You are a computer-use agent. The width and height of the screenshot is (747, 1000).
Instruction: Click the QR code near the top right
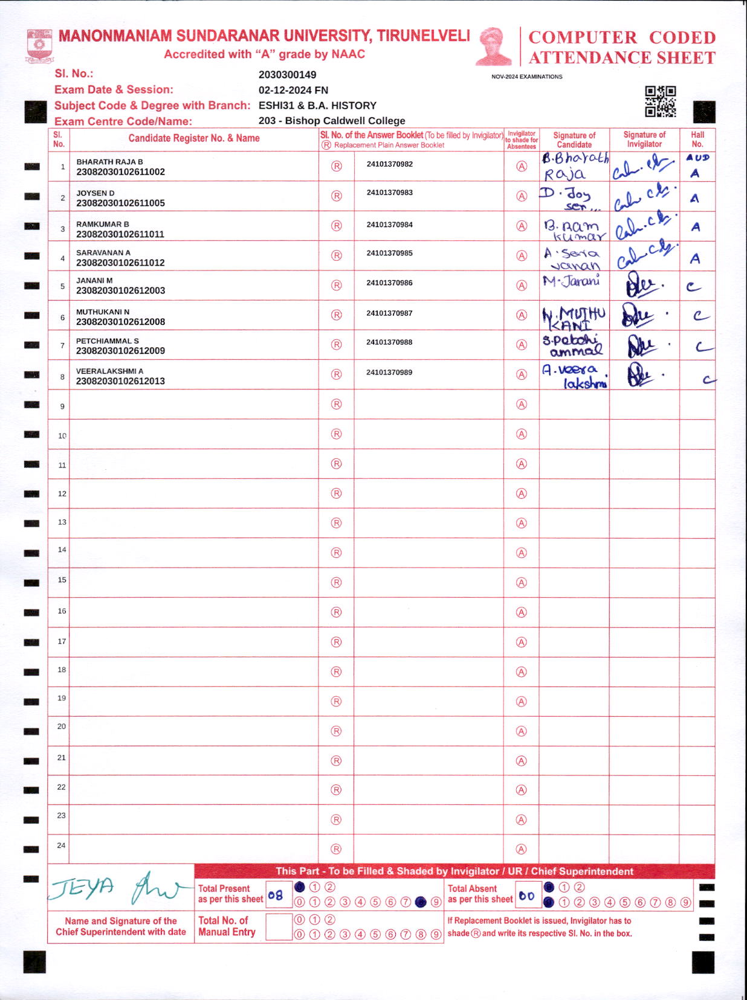[660, 101]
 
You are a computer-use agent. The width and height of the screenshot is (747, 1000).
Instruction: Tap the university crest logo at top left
[40, 46]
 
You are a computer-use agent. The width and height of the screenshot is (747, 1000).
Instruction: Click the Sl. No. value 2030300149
[287, 75]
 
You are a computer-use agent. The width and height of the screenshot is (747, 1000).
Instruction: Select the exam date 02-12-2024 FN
[293, 90]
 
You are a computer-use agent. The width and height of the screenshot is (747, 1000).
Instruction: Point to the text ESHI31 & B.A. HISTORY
[317, 106]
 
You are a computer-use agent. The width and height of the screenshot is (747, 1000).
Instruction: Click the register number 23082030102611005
[120, 203]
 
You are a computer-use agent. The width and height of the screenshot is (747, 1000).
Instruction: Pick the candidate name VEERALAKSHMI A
[109, 371]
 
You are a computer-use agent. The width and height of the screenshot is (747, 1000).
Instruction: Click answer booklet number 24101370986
[389, 283]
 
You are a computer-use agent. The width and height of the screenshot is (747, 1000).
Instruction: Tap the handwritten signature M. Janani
[571, 281]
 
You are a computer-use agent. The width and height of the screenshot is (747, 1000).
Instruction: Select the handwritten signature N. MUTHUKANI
[574, 318]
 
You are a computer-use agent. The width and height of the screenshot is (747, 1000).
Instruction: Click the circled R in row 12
[337, 493]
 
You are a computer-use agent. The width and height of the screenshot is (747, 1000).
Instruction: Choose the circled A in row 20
[522, 731]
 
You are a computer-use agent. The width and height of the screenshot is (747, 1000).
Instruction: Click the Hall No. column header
[697, 139]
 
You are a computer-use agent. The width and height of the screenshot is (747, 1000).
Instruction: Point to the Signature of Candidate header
[574, 140]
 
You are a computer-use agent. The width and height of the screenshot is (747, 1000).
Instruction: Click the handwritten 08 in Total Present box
[276, 895]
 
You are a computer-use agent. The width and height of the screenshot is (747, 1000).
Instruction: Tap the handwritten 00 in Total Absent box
[526, 896]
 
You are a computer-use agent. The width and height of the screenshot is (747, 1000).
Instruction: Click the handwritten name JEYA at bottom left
[82, 887]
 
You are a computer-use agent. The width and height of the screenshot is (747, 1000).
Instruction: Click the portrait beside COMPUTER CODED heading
[494, 46]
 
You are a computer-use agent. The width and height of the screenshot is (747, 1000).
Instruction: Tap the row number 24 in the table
[61, 845]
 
